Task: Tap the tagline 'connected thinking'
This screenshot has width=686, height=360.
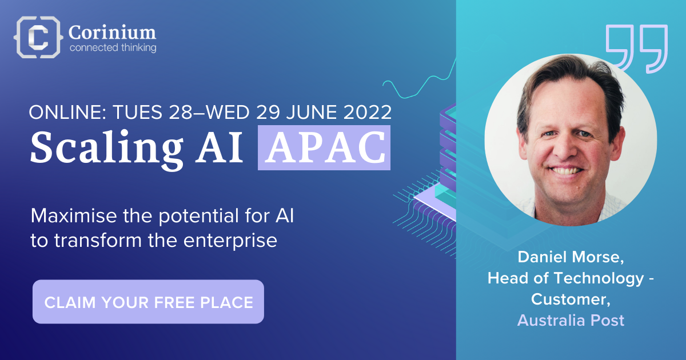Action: [x=113, y=48]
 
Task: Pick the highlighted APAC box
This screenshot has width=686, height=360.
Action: [x=324, y=147]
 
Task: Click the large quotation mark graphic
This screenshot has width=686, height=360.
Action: [x=636, y=49]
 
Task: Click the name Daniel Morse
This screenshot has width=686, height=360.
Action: [x=570, y=257]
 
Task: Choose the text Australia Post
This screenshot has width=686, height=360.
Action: [x=571, y=320]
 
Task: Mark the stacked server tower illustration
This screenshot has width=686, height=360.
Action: [x=449, y=154]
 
